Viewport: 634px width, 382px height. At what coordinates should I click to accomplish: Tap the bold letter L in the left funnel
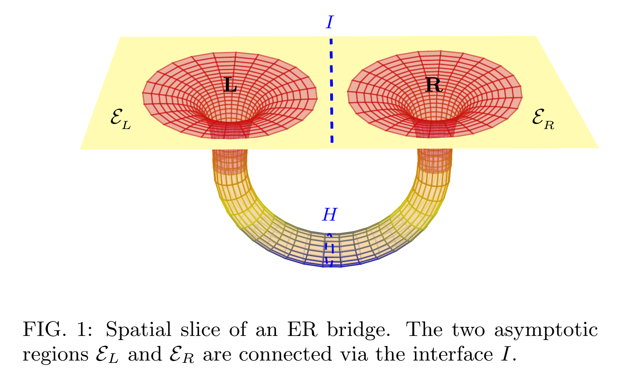pyautogui.click(x=230, y=85)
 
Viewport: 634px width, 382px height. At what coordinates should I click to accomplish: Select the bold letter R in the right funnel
pyautogui.click(x=434, y=85)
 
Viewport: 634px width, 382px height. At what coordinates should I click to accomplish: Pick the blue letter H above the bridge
pyautogui.click(x=330, y=215)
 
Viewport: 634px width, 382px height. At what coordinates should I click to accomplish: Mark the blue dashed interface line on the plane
pyautogui.click(x=332, y=91)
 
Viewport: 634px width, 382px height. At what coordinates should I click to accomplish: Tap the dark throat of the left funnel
pyautogui.click(x=230, y=129)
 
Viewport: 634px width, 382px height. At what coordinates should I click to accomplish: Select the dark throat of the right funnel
pyautogui.click(x=434, y=128)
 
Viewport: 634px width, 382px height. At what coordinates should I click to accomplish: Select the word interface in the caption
pyautogui.click(x=453, y=354)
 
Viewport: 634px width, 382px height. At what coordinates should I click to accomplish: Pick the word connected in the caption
pyautogui.click(x=285, y=354)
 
